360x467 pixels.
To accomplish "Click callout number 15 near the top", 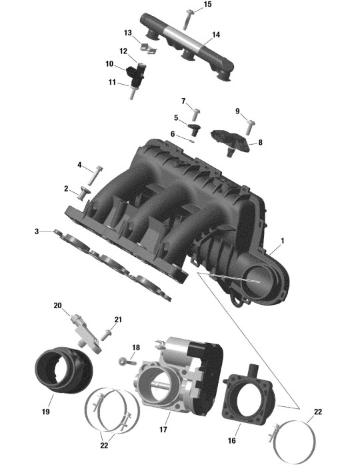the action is [x=208, y=5].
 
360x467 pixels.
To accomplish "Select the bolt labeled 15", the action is [x=187, y=19].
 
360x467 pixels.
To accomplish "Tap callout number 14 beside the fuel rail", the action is [x=216, y=35].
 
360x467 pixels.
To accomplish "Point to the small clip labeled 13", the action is [x=149, y=49].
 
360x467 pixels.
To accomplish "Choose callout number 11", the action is [x=112, y=82].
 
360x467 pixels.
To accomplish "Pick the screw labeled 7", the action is [x=196, y=115].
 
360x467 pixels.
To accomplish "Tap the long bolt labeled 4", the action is [x=94, y=175].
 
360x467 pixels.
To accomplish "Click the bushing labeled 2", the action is [x=84, y=193].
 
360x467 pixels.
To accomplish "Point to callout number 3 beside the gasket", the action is [x=37, y=231].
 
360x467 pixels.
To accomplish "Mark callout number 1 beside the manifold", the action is [x=283, y=241].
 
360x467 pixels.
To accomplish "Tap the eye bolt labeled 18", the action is [x=127, y=362].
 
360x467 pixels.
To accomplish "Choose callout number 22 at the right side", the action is [x=318, y=412].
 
